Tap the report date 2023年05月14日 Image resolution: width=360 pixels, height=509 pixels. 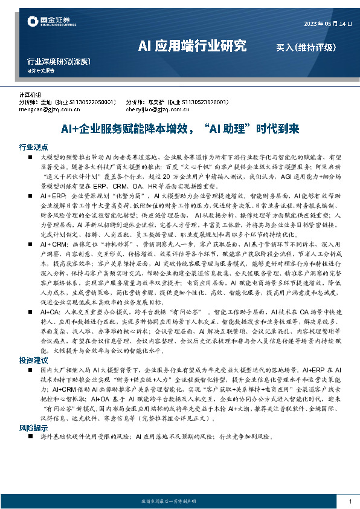tap(326, 24)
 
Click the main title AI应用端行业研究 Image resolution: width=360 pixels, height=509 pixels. tap(191, 45)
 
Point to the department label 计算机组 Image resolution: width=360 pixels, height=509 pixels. tap(30, 96)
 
